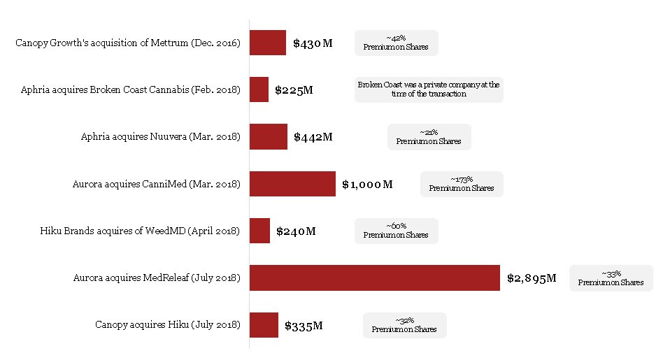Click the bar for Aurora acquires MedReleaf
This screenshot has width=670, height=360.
tap(375, 278)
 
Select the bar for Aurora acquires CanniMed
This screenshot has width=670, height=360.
tap(292, 184)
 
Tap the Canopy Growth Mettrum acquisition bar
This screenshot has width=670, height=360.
tap(268, 43)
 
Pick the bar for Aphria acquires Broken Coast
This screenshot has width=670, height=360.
tap(259, 89)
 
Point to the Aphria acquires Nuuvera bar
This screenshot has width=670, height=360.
tap(269, 136)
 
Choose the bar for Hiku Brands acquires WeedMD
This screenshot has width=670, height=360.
tap(259, 231)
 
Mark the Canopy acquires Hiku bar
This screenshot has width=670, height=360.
tap(264, 324)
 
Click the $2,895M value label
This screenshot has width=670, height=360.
tap(532, 278)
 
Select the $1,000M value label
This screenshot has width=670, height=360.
tap(367, 185)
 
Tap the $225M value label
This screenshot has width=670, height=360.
tap(294, 90)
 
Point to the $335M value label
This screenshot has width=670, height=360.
tap(304, 325)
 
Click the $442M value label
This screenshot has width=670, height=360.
tap(313, 137)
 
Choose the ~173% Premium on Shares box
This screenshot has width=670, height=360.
tap(462, 184)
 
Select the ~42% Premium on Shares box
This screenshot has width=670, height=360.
tap(396, 43)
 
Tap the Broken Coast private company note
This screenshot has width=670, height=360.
tap(429, 89)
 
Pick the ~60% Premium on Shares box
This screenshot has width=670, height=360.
tap(396, 231)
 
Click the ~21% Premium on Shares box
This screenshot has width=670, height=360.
tap(429, 137)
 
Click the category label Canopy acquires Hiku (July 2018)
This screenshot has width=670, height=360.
tap(168, 325)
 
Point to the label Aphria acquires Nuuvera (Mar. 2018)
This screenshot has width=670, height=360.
tap(161, 137)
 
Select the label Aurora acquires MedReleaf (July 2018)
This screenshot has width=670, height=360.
tap(157, 278)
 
